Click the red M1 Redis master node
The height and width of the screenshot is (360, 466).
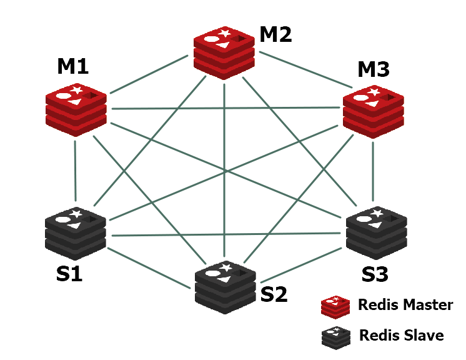(76, 110)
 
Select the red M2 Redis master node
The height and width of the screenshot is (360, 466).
(224, 52)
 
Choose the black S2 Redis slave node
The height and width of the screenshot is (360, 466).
(224, 288)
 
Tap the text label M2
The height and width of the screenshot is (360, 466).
(275, 34)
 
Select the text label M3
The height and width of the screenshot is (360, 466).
(374, 69)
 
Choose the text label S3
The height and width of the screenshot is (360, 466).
(375, 274)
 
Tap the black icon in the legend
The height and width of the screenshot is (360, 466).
(335, 336)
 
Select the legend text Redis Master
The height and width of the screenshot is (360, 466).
(405, 306)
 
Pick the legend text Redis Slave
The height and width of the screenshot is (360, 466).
(401, 336)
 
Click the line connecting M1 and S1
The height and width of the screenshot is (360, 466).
(75, 170)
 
